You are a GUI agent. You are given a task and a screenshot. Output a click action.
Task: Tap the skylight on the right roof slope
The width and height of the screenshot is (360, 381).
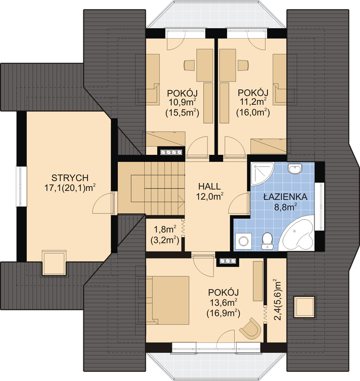tap(304, 305)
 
